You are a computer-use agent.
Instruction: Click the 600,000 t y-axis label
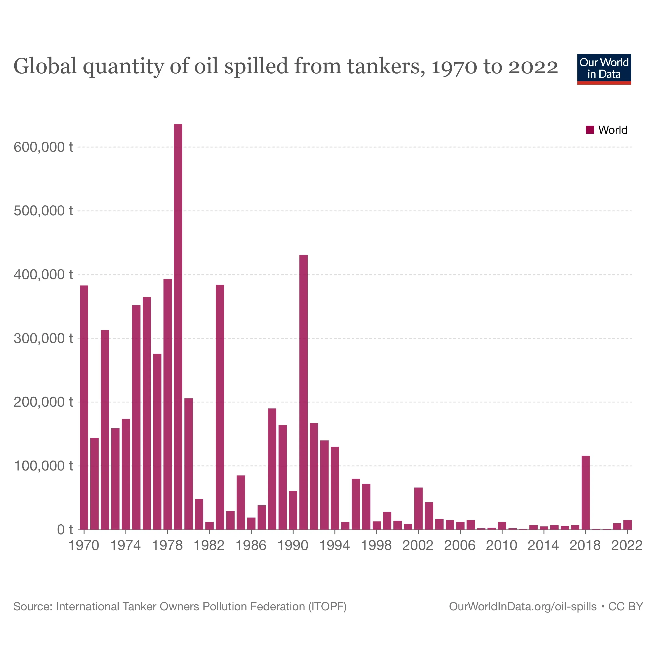(x=43, y=147)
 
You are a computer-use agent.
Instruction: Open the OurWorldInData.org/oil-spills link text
(x=523, y=607)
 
